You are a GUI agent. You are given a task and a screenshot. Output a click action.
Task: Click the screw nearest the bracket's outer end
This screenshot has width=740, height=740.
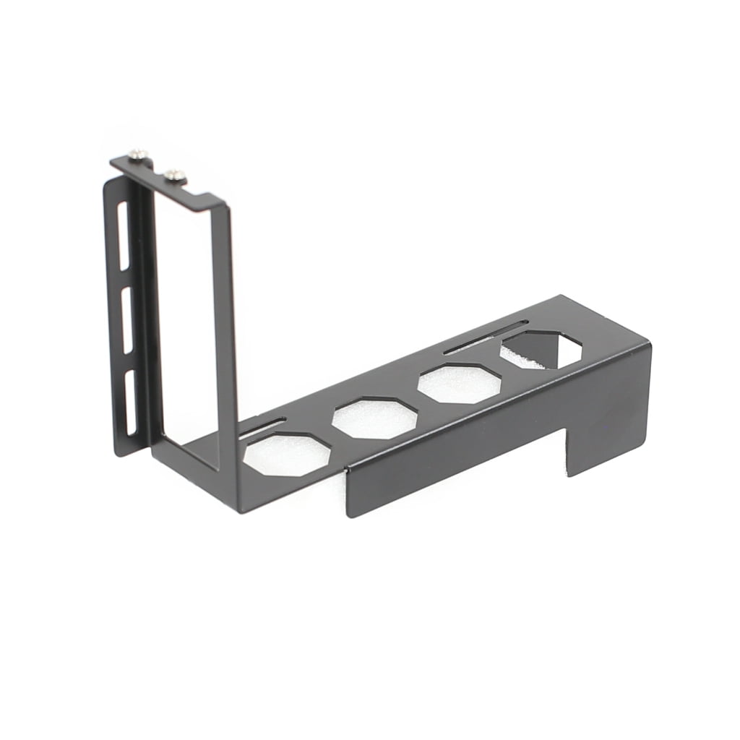click(x=139, y=154)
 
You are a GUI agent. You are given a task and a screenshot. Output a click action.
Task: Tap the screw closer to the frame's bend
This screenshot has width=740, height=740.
click(x=174, y=175)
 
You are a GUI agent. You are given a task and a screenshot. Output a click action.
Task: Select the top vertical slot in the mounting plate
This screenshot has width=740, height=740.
click(x=122, y=235)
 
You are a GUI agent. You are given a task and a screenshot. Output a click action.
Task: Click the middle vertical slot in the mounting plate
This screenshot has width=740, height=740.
click(x=126, y=320)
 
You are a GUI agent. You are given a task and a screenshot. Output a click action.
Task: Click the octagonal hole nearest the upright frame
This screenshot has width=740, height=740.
click(x=287, y=455)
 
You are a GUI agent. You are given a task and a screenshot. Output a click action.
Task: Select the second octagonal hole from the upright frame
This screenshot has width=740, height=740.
click(x=374, y=418)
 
